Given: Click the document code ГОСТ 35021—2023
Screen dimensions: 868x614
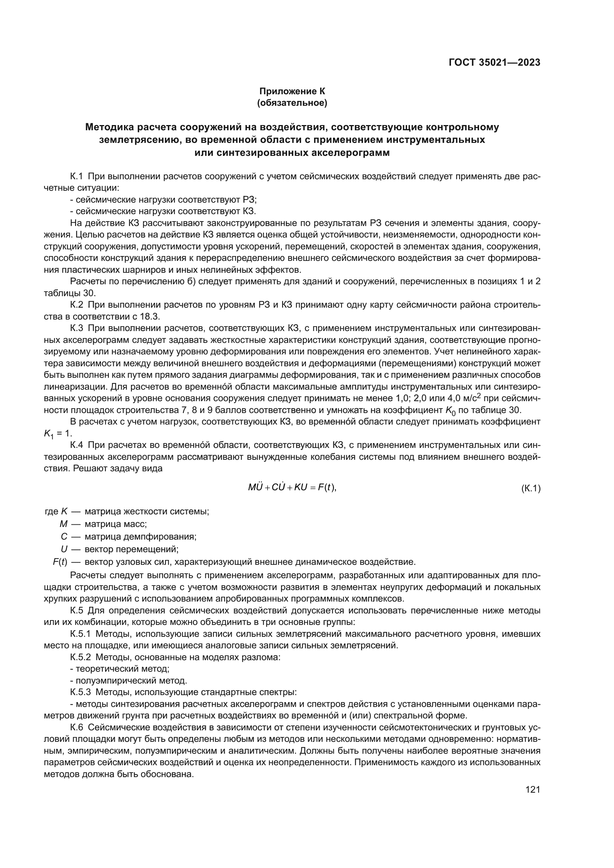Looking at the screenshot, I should [494, 63].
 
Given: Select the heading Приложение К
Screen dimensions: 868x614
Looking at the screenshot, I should [292, 91].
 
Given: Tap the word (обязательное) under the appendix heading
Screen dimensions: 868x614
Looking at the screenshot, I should [292, 103].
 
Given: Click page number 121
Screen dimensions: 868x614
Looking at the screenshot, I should [533, 789].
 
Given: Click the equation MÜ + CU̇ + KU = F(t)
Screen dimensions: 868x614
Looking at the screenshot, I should [292, 488].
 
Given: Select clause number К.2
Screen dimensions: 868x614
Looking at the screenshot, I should [76, 305].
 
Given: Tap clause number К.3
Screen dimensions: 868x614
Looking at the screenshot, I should [76, 328].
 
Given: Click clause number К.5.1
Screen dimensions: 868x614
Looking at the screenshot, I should [80, 633].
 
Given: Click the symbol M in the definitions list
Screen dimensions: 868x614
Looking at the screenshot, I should [63, 524].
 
